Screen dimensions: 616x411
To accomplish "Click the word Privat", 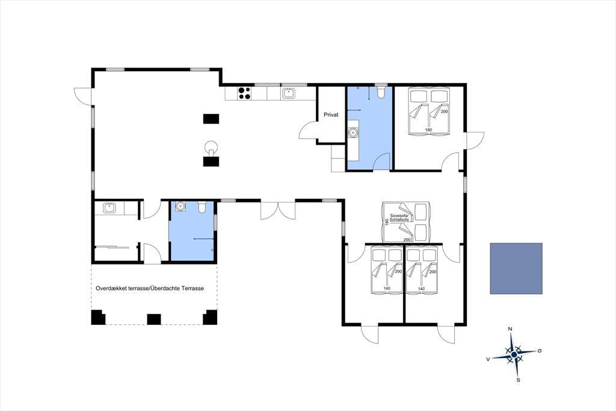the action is pyautogui.click(x=331, y=115).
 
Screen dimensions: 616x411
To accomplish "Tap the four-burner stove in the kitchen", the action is pyautogui.click(x=244, y=93).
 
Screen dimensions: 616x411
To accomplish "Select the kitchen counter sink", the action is pyautogui.click(x=288, y=93).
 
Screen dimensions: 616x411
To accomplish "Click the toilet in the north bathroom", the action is pyautogui.click(x=380, y=92).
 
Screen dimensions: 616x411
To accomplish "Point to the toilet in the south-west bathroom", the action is pyautogui.click(x=202, y=207).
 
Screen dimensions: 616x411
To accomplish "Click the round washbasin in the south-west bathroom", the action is pyautogui.click(x=180, y=206).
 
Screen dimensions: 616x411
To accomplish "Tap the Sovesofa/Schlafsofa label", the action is pyautogui.click(x=399, y=218).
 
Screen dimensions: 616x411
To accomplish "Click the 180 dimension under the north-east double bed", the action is pyautogui.click(x=428, y=130).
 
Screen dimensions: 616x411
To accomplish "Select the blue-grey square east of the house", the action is pyautogui.click(x=516, y=269).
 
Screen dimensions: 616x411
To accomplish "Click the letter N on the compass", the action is pyautogui.click(x=510, y=328).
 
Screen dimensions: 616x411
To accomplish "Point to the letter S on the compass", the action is pyautogui.click(x=518, y=380).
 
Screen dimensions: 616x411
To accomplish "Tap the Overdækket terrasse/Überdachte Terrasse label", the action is pyautogui.click(x=150, y=288).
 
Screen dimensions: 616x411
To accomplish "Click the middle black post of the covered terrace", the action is pyautogui.click(x=154, y=319).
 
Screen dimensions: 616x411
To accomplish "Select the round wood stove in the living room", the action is pyautogui.click(x=211, y=146).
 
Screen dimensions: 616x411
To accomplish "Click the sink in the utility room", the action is pyautogui.click(x=109, y=207).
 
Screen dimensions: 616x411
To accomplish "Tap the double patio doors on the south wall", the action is pyautogui.click(x=278, y=210).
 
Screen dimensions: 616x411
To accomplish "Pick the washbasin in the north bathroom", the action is pyautogui.click(x=353, y=132).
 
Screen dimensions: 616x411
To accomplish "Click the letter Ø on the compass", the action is pyautogui.click(x=540, y=350).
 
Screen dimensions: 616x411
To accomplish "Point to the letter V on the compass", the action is pyautogui.click(x=488, y=359).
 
